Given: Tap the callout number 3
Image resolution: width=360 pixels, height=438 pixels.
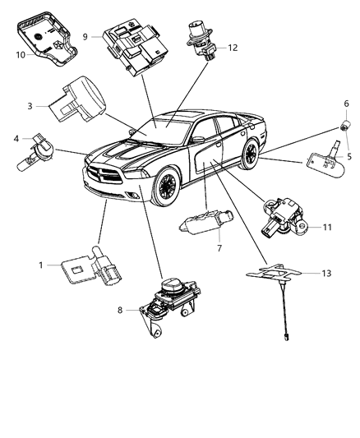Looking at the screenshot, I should pos(30,106).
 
